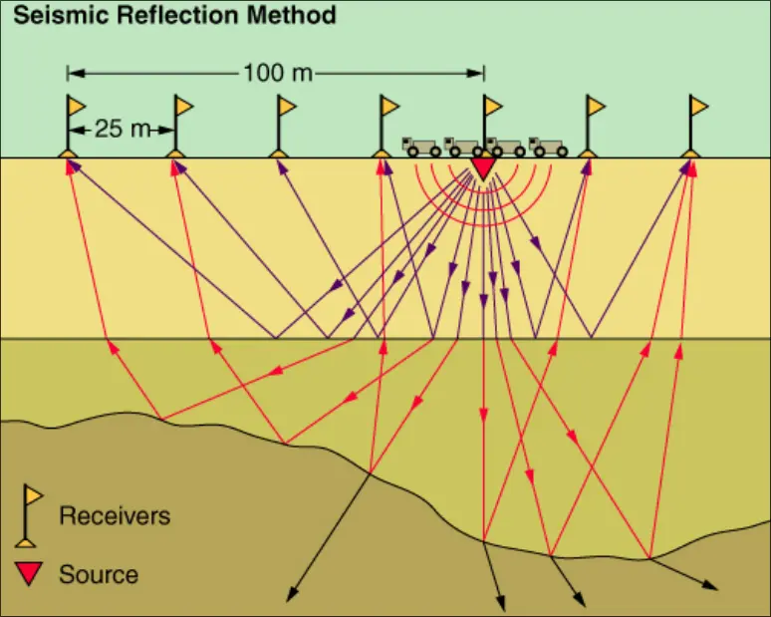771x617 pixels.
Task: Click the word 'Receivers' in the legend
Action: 115,515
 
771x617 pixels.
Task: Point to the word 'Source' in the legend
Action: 99,574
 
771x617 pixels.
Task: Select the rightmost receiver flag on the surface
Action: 698,106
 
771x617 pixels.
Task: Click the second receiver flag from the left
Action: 183,106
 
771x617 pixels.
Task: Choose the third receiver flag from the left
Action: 286,106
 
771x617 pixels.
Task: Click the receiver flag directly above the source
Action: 491,106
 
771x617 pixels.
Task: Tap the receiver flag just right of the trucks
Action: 595,106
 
